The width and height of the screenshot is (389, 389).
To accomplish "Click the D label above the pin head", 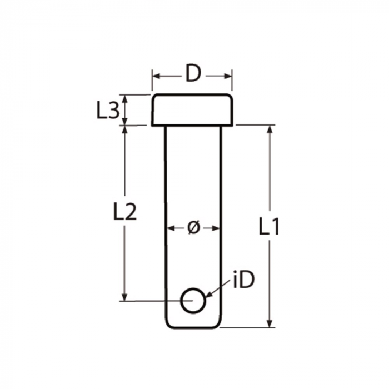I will (x=192, y=74).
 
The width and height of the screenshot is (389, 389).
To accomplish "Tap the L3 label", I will (x=107, y=111).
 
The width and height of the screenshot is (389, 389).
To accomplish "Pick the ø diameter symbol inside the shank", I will (x=193, y=228).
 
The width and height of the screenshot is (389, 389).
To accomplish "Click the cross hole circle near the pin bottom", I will (x=193, y=301).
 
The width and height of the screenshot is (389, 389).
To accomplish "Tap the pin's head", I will (x=192, y=109).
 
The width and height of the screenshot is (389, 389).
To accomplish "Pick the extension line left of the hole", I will (x=150, y=301).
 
